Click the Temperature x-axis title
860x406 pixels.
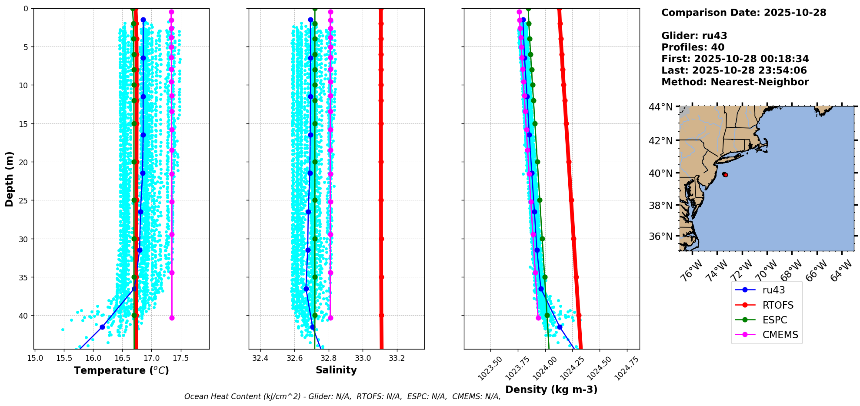coord(121,370)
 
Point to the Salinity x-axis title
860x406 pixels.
coord(336,370)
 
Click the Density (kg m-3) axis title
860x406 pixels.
coord(551,389)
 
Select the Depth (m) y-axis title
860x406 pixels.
coord(10,179)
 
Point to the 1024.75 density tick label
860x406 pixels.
coord(626,369)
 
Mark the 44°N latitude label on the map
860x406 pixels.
coord(660,107)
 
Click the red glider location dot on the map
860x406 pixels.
coord(725,175)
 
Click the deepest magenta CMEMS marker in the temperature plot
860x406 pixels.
coord(172,318)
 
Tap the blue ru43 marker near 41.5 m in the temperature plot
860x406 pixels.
coord(102,327)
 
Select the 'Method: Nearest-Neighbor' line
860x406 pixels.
coord(735,82)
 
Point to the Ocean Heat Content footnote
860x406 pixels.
coord(342,396)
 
